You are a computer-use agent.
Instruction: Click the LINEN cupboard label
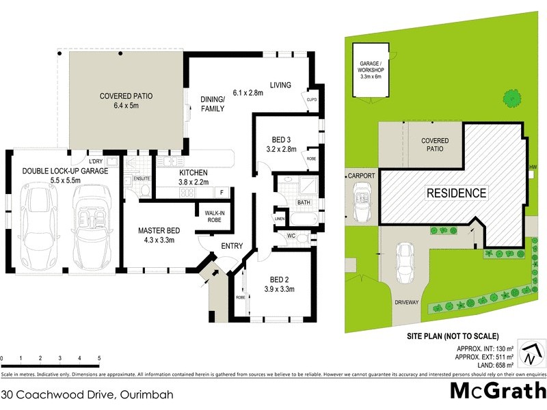pos(280,218)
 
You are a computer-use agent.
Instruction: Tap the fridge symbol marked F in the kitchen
pos(222,193)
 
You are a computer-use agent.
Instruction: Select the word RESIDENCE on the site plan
pos(457,193)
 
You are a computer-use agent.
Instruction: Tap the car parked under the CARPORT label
pos(360,202)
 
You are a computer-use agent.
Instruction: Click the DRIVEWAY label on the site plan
pos(405,301)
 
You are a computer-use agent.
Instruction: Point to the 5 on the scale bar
pos(99,358)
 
